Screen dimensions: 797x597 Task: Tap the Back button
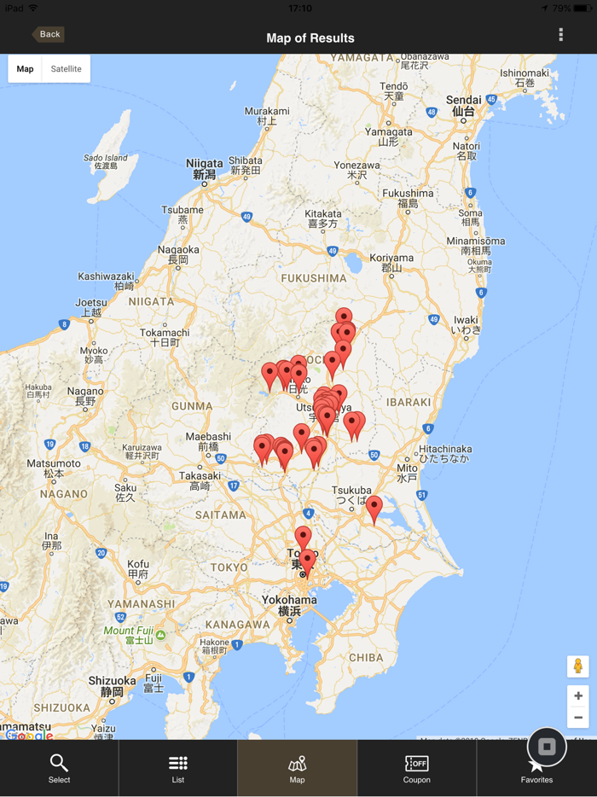48,35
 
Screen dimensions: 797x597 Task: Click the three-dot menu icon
560,35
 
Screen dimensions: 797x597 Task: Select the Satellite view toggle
66,69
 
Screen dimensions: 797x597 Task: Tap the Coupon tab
416,768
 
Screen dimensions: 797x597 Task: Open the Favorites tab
536,768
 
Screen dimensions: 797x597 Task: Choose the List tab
178,768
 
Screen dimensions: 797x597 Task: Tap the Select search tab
59,768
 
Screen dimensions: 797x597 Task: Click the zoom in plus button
577,696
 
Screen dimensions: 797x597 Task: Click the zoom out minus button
577,718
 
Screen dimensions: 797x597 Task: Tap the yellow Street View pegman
577,666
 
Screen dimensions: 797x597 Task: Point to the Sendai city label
464,105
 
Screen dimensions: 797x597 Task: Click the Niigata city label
205,168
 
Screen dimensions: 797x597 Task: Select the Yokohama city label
289,605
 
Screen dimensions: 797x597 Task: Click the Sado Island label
106,161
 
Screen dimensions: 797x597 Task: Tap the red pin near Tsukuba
374,508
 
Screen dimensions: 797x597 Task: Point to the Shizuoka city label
112,685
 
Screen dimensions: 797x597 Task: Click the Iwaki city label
466,324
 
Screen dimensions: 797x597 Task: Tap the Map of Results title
310,38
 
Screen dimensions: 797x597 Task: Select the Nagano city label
85,396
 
